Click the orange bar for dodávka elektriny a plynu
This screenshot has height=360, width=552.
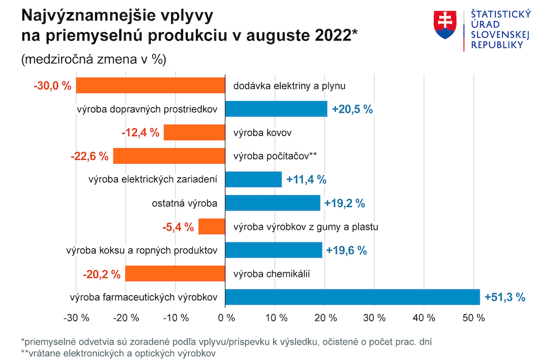[150, 86]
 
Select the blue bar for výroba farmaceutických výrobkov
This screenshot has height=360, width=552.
[353, 298]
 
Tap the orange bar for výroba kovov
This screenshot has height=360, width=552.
[194, 133]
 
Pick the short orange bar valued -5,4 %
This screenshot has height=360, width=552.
[212, 227]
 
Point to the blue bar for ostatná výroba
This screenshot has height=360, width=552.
[273, 203]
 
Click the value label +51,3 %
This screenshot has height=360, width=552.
[504, 298]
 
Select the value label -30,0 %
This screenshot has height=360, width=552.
[52, 86]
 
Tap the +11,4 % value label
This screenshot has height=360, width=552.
[306, 179]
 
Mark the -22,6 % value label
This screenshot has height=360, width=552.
[89, 156]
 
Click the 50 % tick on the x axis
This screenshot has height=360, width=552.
[473, 318]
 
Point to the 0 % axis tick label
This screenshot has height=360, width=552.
[226, 318]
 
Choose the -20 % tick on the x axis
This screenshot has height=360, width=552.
[126, 318]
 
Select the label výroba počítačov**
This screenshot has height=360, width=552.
[275, 156]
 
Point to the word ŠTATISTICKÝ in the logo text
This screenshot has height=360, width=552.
[501, 14]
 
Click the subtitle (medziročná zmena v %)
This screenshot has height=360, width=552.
[93, 59]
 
